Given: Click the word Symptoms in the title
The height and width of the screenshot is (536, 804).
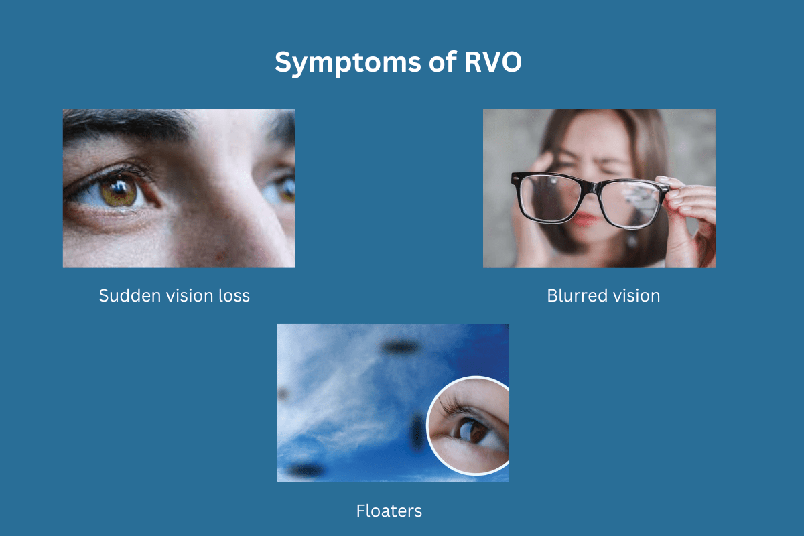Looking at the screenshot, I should (x=341, y=63).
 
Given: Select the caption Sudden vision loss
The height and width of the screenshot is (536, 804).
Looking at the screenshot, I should (x=174, y=295).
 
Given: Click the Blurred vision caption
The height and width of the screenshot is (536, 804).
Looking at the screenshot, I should (x=603, y=295).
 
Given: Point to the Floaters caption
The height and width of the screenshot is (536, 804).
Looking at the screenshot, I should (x=389, y=511).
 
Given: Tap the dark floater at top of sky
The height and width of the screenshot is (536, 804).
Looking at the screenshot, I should (x=400, y=346).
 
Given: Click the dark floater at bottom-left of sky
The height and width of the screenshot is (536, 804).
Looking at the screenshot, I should (x=304, y=470).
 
